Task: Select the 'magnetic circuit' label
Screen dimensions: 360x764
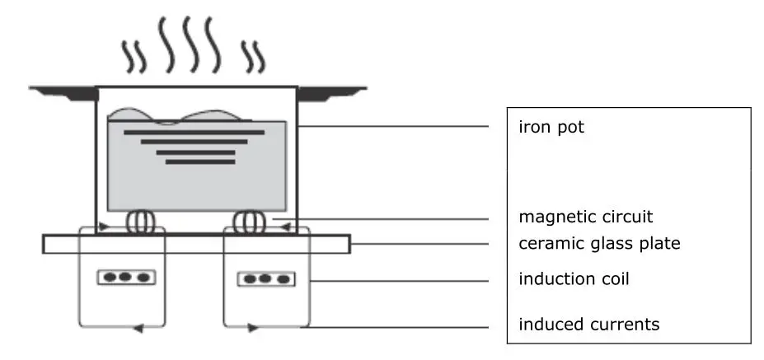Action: (585, 217)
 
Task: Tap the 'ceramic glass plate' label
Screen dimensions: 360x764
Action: (599, 244)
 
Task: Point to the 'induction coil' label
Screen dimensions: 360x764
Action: (574, 279)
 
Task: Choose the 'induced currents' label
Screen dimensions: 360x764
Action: (588, 324)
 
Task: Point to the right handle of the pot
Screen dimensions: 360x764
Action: (330, 91)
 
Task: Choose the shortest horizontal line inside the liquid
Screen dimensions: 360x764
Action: (189, 161)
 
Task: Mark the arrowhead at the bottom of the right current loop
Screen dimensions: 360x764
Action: (251, 328)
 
